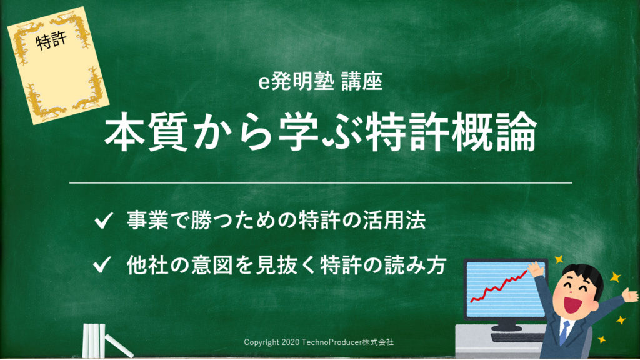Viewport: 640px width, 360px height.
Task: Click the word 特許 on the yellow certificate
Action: point(51,41)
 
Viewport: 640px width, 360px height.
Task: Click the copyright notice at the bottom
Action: point(319,342)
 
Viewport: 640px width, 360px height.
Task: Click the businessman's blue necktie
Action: point(564,332)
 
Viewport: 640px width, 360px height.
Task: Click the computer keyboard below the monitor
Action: point(518,337)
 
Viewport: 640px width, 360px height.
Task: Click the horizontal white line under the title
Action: point(321,183)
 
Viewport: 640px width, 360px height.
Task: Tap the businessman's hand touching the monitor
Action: point(536,269)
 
